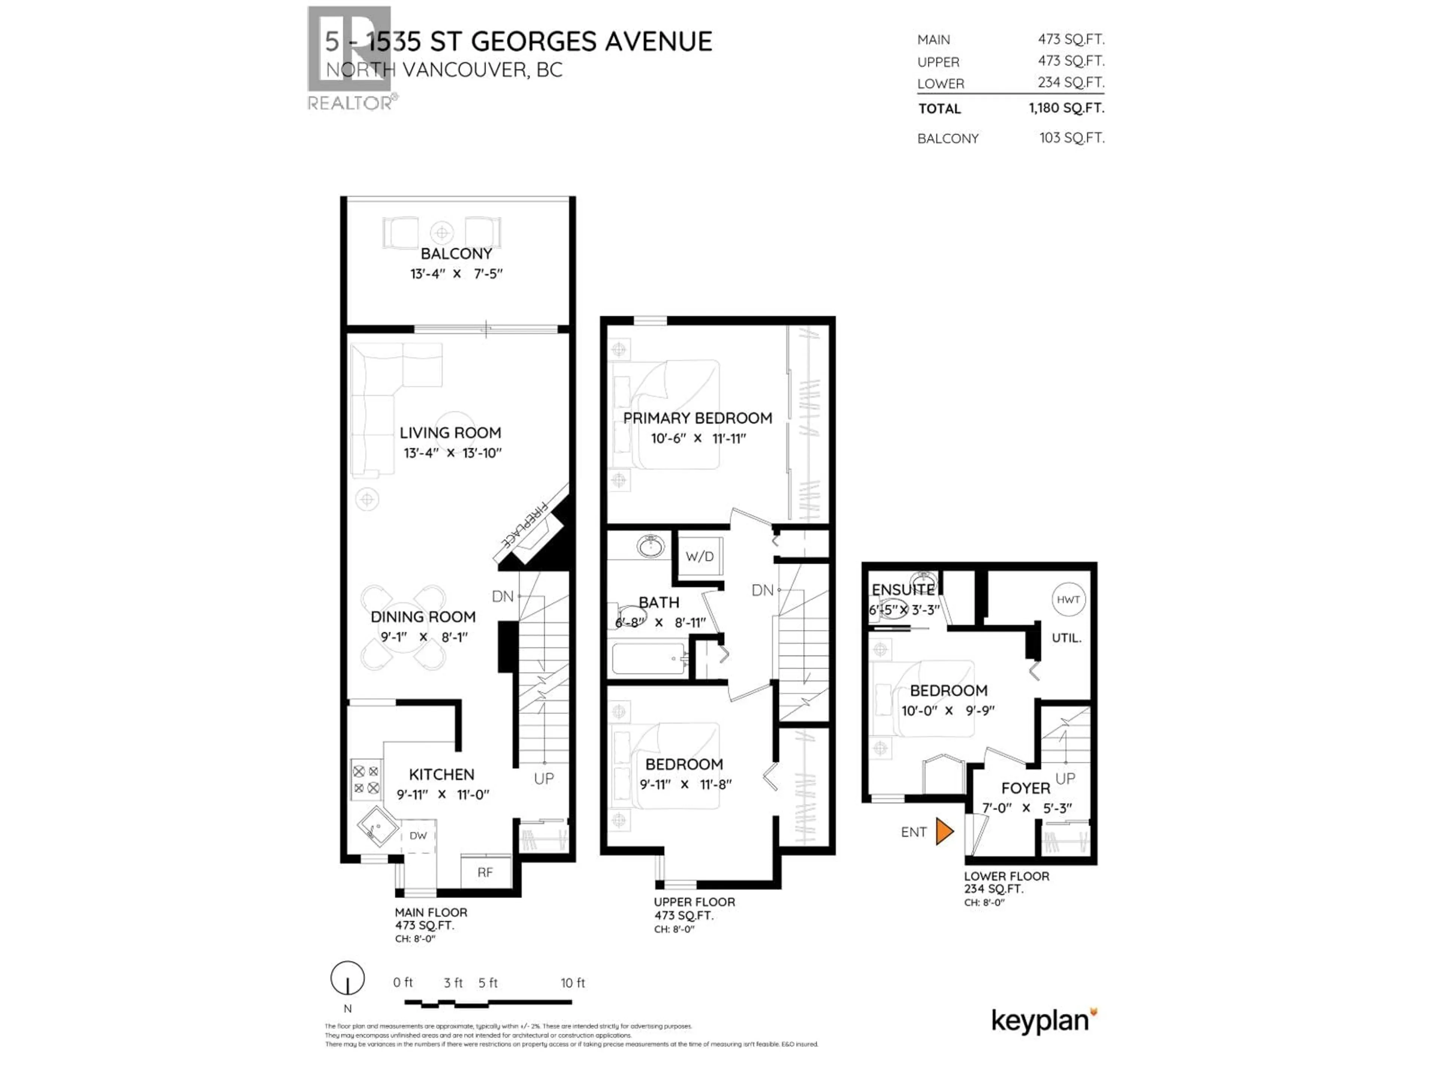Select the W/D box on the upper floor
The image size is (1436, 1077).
pyautogui.click(x=699, y=556)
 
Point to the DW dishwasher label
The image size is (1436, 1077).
pyautogui.click(x=418, y=835)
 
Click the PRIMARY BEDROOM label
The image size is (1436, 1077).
pyautogui.click(x=697, y=418)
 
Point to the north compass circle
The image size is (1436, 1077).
pyautogui.click(x=347, y=978)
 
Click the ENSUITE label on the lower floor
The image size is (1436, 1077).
pyautogui.click(x=902, y=589)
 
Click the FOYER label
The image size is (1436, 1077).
pyautogui.click(x=1025, y=788)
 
